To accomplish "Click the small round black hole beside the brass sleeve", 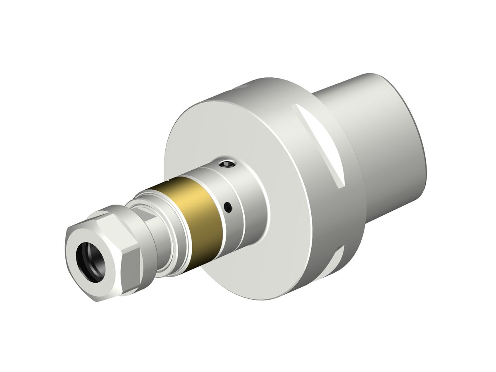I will point(227,205).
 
